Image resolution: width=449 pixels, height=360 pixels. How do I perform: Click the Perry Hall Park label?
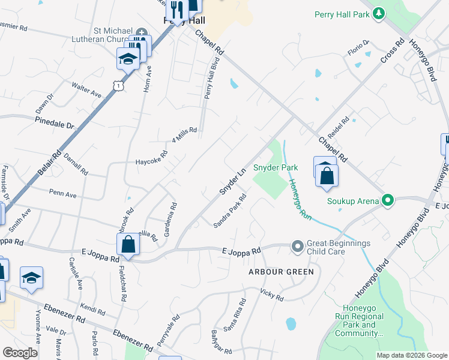pos(342,13)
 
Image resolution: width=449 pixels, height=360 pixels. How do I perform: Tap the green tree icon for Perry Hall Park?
pos(378,13)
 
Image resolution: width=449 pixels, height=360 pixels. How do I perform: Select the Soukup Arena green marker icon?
pos(388,200)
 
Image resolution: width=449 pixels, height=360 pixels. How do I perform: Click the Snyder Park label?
pos(276,167)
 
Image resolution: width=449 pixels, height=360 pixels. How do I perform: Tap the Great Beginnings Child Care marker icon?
pos(297,246)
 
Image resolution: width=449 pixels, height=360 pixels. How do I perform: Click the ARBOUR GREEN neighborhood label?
pos(282,272)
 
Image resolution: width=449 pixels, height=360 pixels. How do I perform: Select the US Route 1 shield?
pos(119,86)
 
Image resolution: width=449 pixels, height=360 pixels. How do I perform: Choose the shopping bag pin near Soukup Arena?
pos(327,176)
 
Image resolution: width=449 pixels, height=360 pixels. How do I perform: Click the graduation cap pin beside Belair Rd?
pos(128,59)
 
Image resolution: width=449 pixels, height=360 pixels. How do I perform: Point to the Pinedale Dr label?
pos(54,123)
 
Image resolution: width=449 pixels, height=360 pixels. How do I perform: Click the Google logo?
pos(20,353)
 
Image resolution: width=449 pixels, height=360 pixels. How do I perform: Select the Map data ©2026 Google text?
pos(411,355)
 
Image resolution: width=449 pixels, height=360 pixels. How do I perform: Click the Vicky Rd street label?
pos(271,293)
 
